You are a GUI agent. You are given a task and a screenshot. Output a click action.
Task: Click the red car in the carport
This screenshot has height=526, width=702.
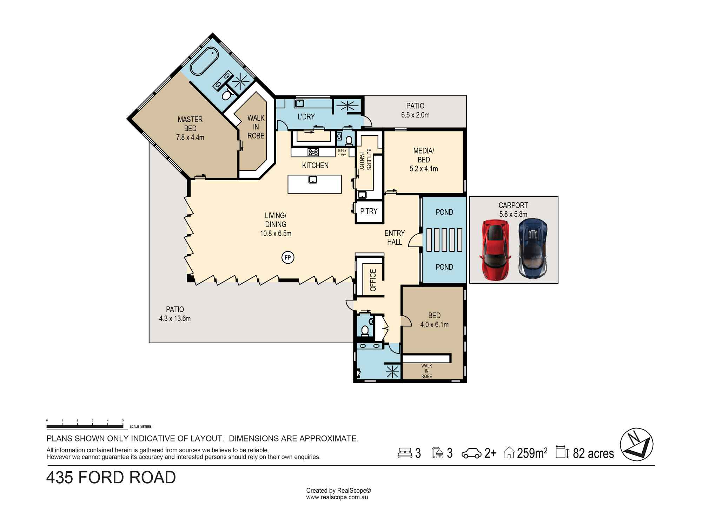pos(495,250)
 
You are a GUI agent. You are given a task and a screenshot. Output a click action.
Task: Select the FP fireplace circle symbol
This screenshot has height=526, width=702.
pos(288,258)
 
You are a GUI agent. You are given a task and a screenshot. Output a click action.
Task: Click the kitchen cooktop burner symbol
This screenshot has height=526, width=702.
pos(313,152)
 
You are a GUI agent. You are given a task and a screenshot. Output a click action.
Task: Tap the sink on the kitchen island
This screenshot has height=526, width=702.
pos(313,180)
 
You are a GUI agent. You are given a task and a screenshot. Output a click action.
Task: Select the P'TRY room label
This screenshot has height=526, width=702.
pos(369,211)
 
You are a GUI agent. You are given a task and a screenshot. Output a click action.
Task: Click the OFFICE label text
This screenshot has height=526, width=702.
pos(373,280)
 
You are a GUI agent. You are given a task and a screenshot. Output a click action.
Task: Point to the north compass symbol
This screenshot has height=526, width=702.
pos(637,445)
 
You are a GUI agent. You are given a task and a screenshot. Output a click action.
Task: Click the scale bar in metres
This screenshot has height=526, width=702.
pos(85,426)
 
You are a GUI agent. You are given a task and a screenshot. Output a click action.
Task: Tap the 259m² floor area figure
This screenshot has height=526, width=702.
pos(532,453)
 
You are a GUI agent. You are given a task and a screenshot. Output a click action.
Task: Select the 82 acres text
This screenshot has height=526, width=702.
pos(593,453)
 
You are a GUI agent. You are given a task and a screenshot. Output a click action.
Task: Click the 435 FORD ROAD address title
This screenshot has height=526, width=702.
pos(111,478)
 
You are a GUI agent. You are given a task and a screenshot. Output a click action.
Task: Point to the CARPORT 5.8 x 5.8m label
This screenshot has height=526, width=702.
pos(513,210)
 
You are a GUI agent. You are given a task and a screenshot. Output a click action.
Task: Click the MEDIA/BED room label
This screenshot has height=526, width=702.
pos(424,160)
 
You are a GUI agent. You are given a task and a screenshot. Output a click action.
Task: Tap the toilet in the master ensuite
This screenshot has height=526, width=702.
pos(227,95)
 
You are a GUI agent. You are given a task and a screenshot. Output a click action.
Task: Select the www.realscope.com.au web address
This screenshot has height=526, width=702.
pos(337,497)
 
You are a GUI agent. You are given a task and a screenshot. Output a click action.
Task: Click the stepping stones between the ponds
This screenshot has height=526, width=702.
pos(444,240)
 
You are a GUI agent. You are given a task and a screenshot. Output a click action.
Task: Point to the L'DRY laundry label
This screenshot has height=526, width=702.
pos(306,117)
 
